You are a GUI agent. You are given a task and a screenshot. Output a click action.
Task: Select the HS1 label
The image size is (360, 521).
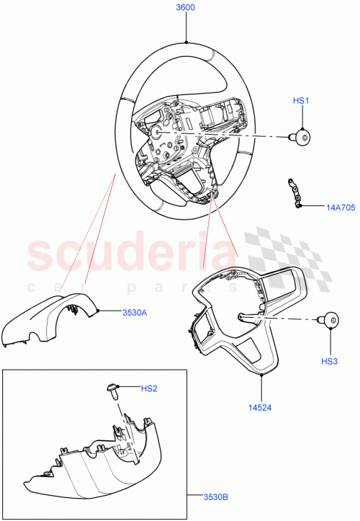300,102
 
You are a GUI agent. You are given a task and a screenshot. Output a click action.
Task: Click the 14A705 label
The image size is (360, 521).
338,207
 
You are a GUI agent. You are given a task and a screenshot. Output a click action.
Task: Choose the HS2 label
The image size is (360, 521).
148,388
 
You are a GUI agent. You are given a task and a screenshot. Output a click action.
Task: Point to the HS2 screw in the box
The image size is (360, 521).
112,390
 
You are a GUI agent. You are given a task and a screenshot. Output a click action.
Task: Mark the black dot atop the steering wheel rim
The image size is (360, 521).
186,43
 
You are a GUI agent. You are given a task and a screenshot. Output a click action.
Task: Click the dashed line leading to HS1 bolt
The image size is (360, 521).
230,135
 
